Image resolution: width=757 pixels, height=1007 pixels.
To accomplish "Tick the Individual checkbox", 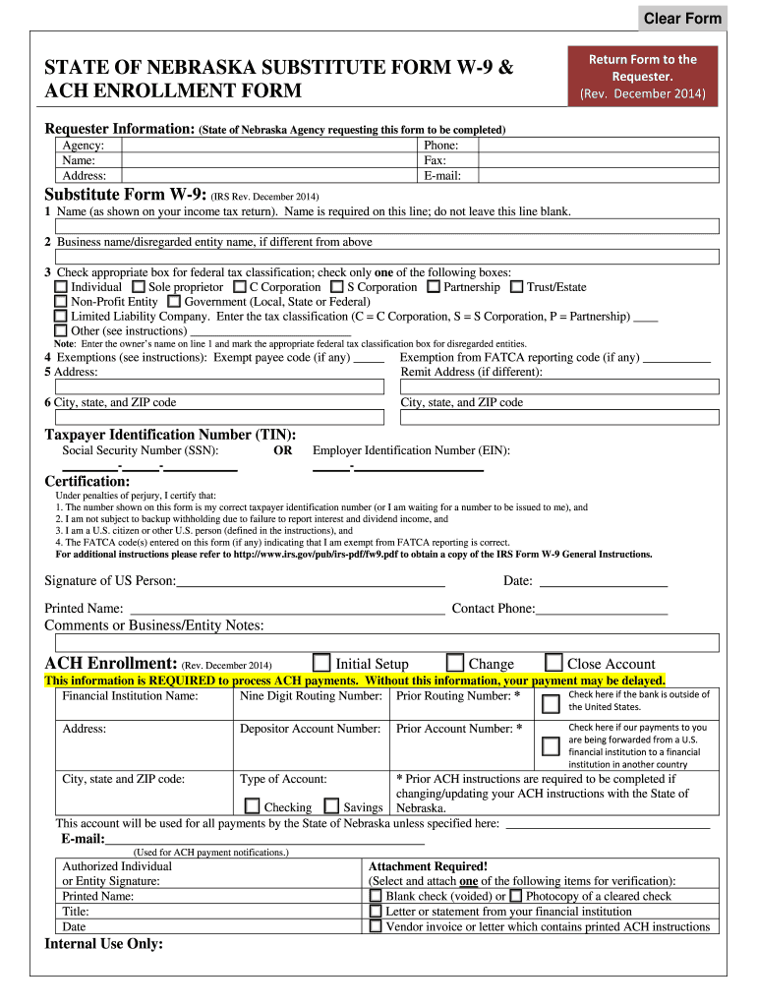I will tap(61, 287).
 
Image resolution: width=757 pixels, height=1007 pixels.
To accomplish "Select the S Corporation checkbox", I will tap(336, 287).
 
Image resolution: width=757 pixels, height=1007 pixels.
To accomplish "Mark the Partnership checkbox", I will tap(434, 287).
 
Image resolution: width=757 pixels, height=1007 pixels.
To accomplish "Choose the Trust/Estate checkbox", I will tap(516, 287).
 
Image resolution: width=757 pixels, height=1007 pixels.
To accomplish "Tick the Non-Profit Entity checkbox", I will tap(61, 302).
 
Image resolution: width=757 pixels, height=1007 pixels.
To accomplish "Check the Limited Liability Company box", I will tap(61, 317).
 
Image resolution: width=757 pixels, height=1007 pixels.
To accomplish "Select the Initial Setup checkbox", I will tap(321, 663).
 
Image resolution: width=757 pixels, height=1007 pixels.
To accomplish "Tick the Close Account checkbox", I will tap(553, 663).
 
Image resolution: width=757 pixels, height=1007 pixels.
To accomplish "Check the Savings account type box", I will tap(331, 806).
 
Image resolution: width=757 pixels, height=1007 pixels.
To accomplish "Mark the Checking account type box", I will tap(253, 806).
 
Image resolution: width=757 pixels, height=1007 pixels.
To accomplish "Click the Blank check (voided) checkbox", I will tap(375, 896).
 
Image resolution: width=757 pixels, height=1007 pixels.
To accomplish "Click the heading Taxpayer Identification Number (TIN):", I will tap(171, 434).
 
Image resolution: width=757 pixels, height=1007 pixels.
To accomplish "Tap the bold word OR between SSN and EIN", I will tap(283, 450).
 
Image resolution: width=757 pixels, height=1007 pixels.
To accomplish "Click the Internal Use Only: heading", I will tap(104, 944).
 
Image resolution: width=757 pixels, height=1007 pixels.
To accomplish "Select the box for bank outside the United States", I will tap(552, 702).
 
